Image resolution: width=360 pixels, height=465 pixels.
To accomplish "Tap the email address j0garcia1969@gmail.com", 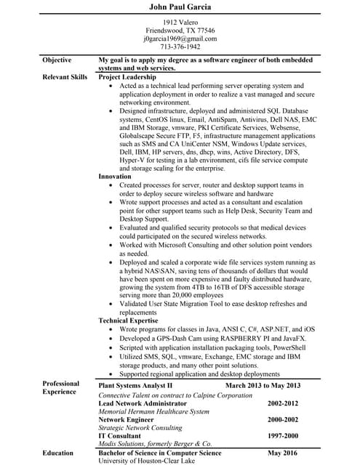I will [180, 39].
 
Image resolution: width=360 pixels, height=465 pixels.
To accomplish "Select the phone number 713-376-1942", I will [180, 46].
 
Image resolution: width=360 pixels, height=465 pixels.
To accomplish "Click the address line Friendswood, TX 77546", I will [180, 31].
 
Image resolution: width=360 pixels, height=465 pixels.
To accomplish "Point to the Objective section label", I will [57, 60].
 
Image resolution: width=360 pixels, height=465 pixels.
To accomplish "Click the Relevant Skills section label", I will [65, 76].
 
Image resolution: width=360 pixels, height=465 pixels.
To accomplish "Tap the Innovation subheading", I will [115, 176].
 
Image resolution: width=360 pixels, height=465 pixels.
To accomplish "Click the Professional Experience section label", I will [61, 388].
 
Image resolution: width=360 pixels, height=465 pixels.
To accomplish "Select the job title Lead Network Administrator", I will [142, 403].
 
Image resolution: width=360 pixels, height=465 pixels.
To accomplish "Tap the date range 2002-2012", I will [283, 403].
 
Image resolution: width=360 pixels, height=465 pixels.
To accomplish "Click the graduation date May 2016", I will [284, 453].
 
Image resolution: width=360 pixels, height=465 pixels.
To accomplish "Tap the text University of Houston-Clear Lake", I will [149, 461].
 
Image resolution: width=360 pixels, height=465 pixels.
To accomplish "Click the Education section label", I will [57, 453].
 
